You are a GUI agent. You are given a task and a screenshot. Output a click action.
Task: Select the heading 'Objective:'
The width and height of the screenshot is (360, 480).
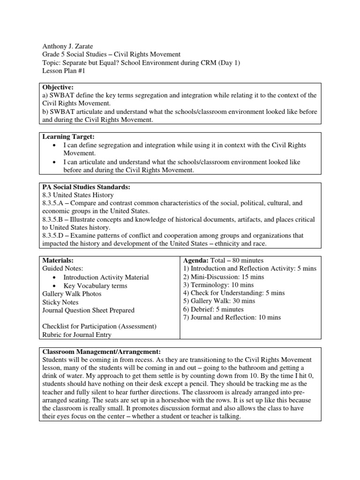click(x=58, y=87)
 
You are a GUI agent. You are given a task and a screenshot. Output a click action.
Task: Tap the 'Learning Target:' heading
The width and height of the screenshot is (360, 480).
click(x=68, y=136)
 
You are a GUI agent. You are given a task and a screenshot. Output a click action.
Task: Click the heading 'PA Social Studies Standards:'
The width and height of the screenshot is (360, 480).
click(x=86, y=187)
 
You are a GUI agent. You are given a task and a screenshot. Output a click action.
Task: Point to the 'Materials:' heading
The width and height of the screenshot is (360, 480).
click(x=58, y=260)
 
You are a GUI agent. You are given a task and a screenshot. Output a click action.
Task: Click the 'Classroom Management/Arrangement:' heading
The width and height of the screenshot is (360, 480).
click(x=102, y=351)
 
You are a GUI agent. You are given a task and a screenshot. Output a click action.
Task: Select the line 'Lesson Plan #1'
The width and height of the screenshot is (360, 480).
click(x=64, y=72)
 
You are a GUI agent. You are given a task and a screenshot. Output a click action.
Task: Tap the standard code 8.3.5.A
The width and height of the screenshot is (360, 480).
click(x=54, y=203)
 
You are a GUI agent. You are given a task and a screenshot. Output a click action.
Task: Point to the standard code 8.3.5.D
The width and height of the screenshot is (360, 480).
click(x=54, y=236)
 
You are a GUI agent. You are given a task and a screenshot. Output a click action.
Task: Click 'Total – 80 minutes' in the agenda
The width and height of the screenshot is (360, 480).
click(x=237, y=260)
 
